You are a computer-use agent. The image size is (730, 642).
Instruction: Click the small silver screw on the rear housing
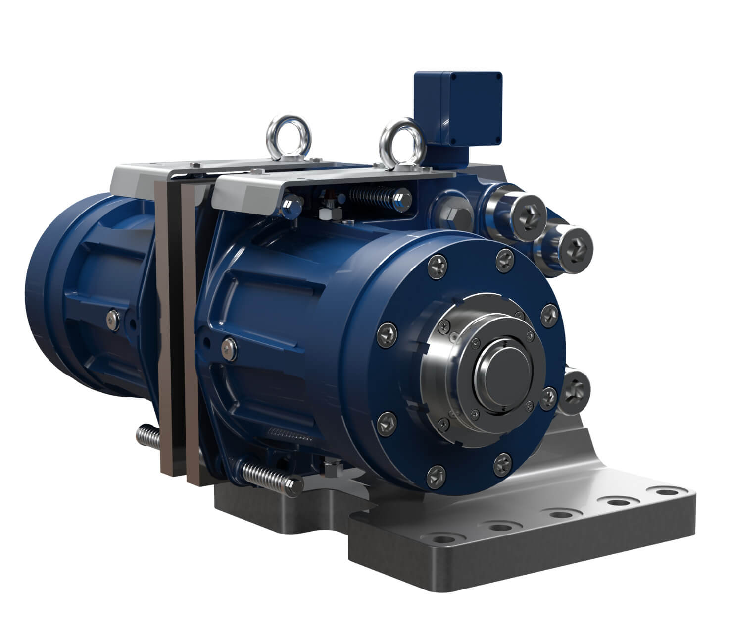click(x=113, y=319)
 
